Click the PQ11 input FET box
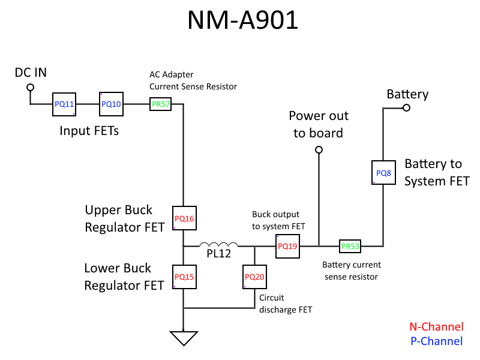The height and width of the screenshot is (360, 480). coord(64,104)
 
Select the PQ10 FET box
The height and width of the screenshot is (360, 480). coord(111,104)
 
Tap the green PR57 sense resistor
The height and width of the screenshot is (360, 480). coord(161,104)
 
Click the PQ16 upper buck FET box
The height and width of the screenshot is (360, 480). coord(184,218)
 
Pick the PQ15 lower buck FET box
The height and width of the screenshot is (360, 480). coord(184,277)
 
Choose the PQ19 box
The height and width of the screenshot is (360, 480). coord(287,246)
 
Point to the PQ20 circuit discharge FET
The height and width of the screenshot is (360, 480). coord(254,277)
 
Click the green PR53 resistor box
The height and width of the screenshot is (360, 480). coord(350,246)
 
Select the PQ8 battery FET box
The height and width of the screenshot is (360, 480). coord(383,173)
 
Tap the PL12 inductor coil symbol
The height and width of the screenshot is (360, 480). coord(219,244)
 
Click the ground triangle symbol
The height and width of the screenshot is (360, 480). coord(184,338)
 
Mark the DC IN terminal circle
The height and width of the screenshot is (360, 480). coord(29,88)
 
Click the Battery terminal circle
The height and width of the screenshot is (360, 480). coord(406,108)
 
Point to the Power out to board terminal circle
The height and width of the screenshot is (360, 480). coord(319,149)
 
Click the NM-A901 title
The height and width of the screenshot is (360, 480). coord(242,20)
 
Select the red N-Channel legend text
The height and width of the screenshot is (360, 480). coord(436,327)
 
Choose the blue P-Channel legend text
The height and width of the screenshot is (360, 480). coord(436,341)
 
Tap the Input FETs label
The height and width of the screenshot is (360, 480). coord(89,130)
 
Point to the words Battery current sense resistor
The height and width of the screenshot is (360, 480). coord(351,271)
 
